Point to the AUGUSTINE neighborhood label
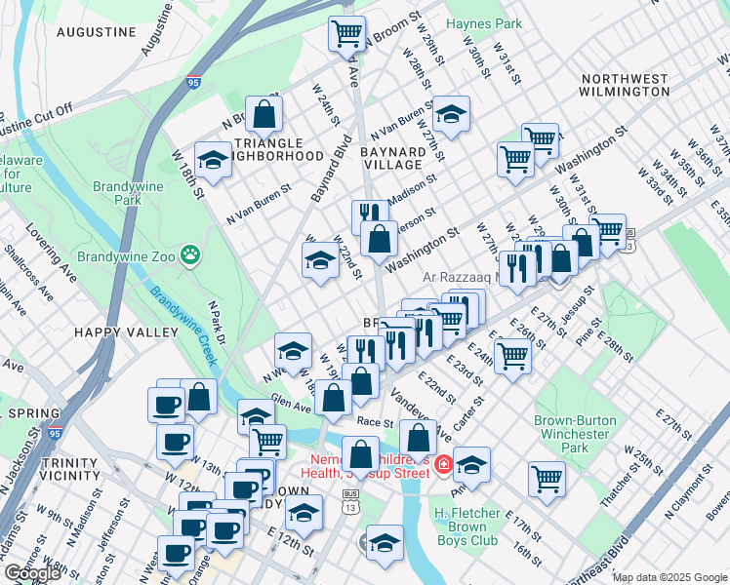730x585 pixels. point(96,32)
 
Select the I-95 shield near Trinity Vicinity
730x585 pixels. point(55,433)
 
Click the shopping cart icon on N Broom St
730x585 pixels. point(346,34)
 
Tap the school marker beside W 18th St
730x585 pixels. point(212,161)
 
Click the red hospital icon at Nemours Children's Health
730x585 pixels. point(443,464)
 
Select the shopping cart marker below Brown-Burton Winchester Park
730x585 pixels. point(547,479)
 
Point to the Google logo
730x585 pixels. point(32,573)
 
